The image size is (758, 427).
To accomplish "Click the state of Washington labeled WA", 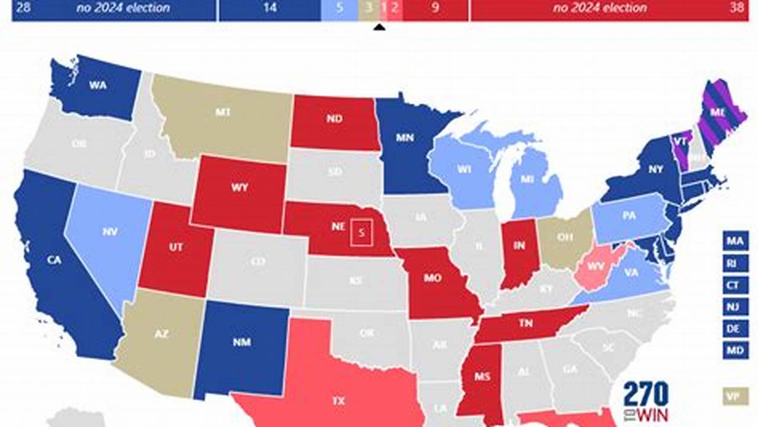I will [x=98, y=85].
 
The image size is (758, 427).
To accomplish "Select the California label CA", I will [x=54, y=259].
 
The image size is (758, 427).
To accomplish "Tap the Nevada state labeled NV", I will [x=110, y=232].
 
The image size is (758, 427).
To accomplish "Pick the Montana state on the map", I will [x=223, y=112].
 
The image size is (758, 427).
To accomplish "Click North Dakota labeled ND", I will [x=334, y=119].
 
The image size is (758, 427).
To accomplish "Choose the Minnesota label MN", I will [x=406, y=137].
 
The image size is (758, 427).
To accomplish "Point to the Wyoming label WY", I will [x=239, y=187].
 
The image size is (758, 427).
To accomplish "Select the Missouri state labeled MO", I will [x=433, y=278].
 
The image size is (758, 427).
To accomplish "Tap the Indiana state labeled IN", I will [x=519, y=246].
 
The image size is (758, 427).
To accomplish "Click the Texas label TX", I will [x=338, y=401].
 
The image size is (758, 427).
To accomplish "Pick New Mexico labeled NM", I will [x=242, y=342].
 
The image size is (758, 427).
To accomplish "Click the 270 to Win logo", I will [x=645, y=401].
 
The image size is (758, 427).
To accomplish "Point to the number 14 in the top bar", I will [x=269, y=8].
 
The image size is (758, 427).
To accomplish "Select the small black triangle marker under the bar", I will [x=380, y=27].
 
